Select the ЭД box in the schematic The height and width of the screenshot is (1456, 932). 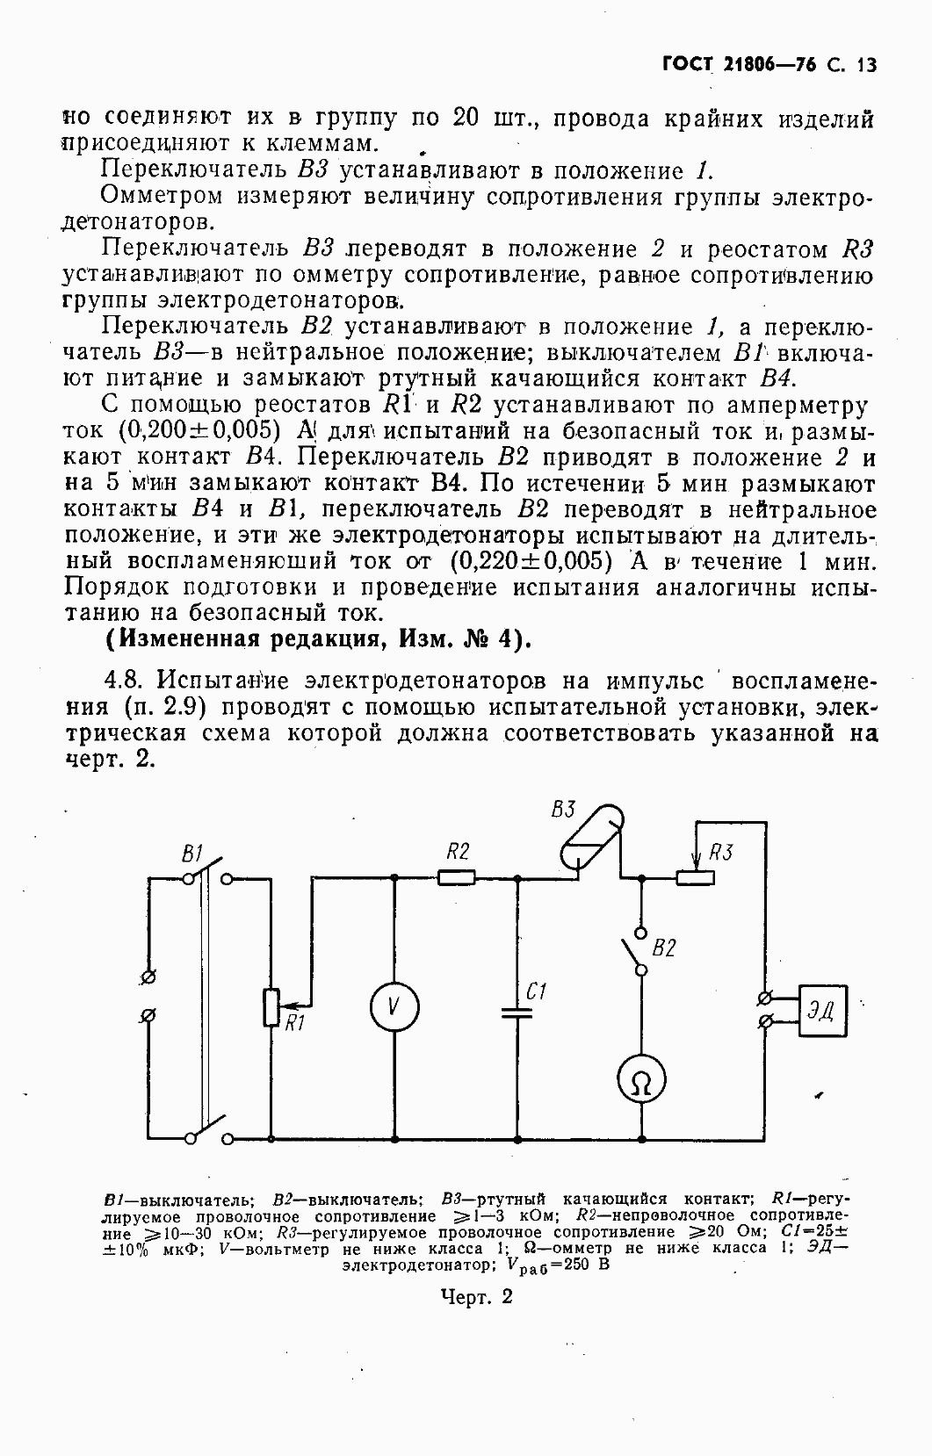(821, 1010)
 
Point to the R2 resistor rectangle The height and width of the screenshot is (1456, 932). (457, 876)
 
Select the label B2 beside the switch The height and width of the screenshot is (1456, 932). (664, 948)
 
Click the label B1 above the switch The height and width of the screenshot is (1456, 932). (192, 853)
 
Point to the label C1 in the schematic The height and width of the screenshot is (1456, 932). (537, 992)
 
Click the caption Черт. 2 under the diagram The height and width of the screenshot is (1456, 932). (477, 1297)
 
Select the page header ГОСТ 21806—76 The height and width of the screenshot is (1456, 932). (741, 65)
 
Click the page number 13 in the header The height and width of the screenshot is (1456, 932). (865, 65)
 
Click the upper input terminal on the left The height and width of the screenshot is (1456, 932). (149, 976)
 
